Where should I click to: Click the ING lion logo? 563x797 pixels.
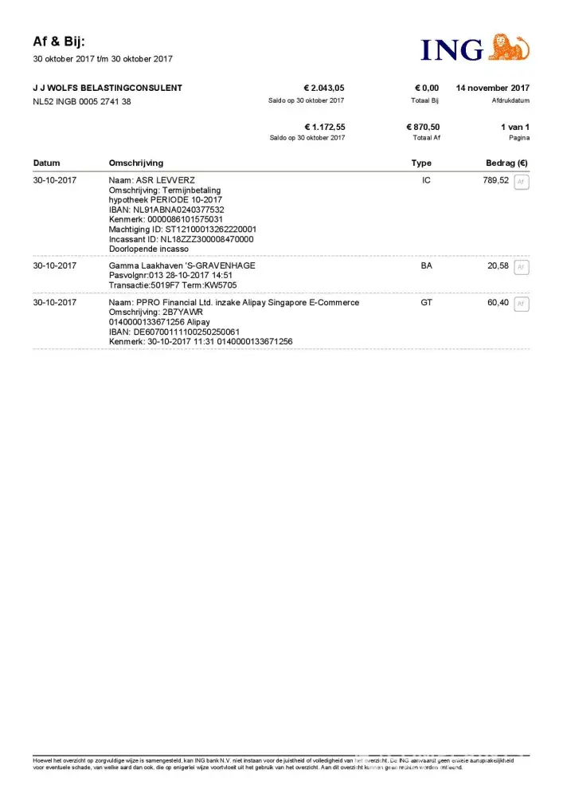(508, 48)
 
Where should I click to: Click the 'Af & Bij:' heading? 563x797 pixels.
(59, 41)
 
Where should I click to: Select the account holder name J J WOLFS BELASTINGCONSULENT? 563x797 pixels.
(108, 88)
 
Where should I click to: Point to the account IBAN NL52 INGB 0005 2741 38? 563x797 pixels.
(82, 101)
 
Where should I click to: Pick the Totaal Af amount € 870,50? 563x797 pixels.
(422, 127)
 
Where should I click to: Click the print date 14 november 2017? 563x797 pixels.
(492, 88)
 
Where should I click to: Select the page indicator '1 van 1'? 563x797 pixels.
(514, 127)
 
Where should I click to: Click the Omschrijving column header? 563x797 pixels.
(135, 163)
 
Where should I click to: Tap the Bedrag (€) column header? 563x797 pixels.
(506, 163)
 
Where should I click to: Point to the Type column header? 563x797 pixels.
(421, 163)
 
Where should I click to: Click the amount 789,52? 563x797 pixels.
(495, 181)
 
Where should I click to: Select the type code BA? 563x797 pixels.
(426, 265)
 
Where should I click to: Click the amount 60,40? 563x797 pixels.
(498, 303)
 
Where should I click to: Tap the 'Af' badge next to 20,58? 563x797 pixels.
(522, 267)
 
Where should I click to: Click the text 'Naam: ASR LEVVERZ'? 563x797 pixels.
(151, 181)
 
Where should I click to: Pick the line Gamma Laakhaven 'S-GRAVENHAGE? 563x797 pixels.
(182, 265)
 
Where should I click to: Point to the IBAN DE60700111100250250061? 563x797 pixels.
(174, 332)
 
